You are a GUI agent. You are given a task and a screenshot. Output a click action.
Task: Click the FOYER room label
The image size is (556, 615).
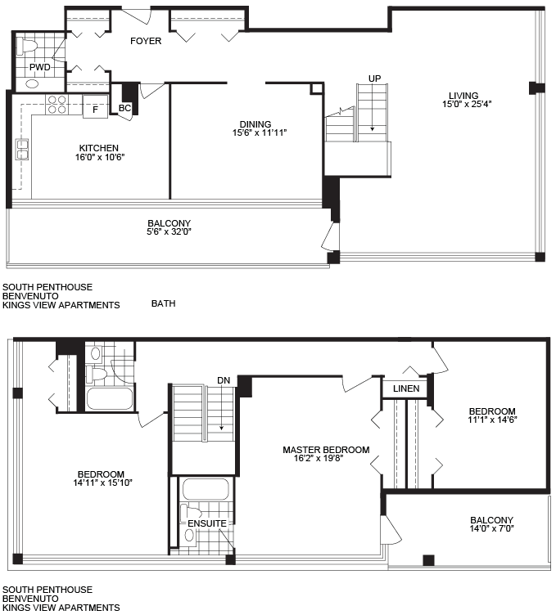coord(146,41)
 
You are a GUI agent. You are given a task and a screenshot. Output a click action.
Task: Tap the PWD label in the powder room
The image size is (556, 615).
coord(40,67)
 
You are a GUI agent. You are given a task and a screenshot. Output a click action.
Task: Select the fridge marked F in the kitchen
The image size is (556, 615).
coord(95,106)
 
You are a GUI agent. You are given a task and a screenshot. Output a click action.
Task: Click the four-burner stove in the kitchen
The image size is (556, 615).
coord(57,105)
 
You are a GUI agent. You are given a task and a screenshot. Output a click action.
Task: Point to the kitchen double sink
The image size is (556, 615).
coord(22,149)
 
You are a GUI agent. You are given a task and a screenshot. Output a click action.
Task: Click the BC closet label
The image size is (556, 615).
coord(124,108)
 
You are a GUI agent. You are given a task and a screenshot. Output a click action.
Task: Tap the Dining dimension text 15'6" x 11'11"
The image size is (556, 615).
coord(260,132)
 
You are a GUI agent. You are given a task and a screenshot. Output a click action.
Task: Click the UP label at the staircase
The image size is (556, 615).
coord(374,79)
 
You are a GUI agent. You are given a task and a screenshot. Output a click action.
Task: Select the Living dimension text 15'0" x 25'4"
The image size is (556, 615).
coord(467,104)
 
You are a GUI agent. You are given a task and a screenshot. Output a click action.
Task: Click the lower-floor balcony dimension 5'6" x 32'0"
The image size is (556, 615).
coord(169,231)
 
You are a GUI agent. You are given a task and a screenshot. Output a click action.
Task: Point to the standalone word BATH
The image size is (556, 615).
coord(163,303)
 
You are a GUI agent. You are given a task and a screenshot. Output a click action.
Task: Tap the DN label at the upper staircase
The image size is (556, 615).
coord(224,380)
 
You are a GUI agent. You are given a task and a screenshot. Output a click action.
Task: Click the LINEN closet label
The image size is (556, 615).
coord(406,388)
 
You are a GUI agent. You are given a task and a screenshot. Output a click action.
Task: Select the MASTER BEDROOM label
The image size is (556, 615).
coord(326,450)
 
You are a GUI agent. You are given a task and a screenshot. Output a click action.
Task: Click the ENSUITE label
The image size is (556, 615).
coord(207,523)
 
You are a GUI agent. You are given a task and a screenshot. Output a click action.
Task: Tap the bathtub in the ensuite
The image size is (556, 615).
coord(206,489)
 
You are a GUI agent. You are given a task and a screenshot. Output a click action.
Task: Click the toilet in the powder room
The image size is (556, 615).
coord(29,45)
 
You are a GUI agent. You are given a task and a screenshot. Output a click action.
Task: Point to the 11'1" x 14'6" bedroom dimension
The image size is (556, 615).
coord(492,420)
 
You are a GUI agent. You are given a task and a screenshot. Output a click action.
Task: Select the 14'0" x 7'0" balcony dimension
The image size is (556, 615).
coord(491,528)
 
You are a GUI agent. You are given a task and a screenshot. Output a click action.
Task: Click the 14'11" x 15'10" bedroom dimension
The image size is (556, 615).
coord(102,483)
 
